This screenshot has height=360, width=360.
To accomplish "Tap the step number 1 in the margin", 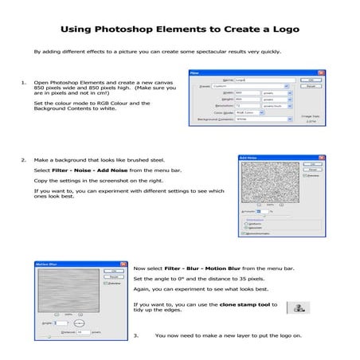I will pos(23,83).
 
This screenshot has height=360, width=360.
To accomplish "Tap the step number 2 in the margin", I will pos(23,159).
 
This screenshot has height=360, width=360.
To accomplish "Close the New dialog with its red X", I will pos(320,73).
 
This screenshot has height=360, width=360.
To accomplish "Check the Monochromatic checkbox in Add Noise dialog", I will pos(246,233).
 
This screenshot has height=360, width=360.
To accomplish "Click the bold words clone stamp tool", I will pos(244,303).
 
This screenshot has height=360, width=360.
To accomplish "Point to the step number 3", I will pos(137,335).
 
